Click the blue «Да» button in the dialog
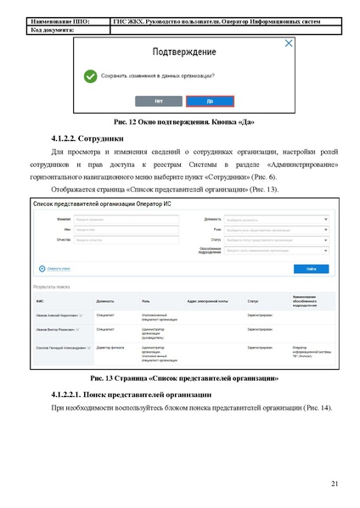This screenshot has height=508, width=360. [x=209, y=101]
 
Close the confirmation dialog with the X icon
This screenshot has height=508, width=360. [x=289, y=43]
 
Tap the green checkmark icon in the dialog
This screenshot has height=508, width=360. [x=91, y=75]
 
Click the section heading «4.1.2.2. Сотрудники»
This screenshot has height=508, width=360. [x=87, y=137]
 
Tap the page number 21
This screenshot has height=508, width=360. [x=335, y=483]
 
